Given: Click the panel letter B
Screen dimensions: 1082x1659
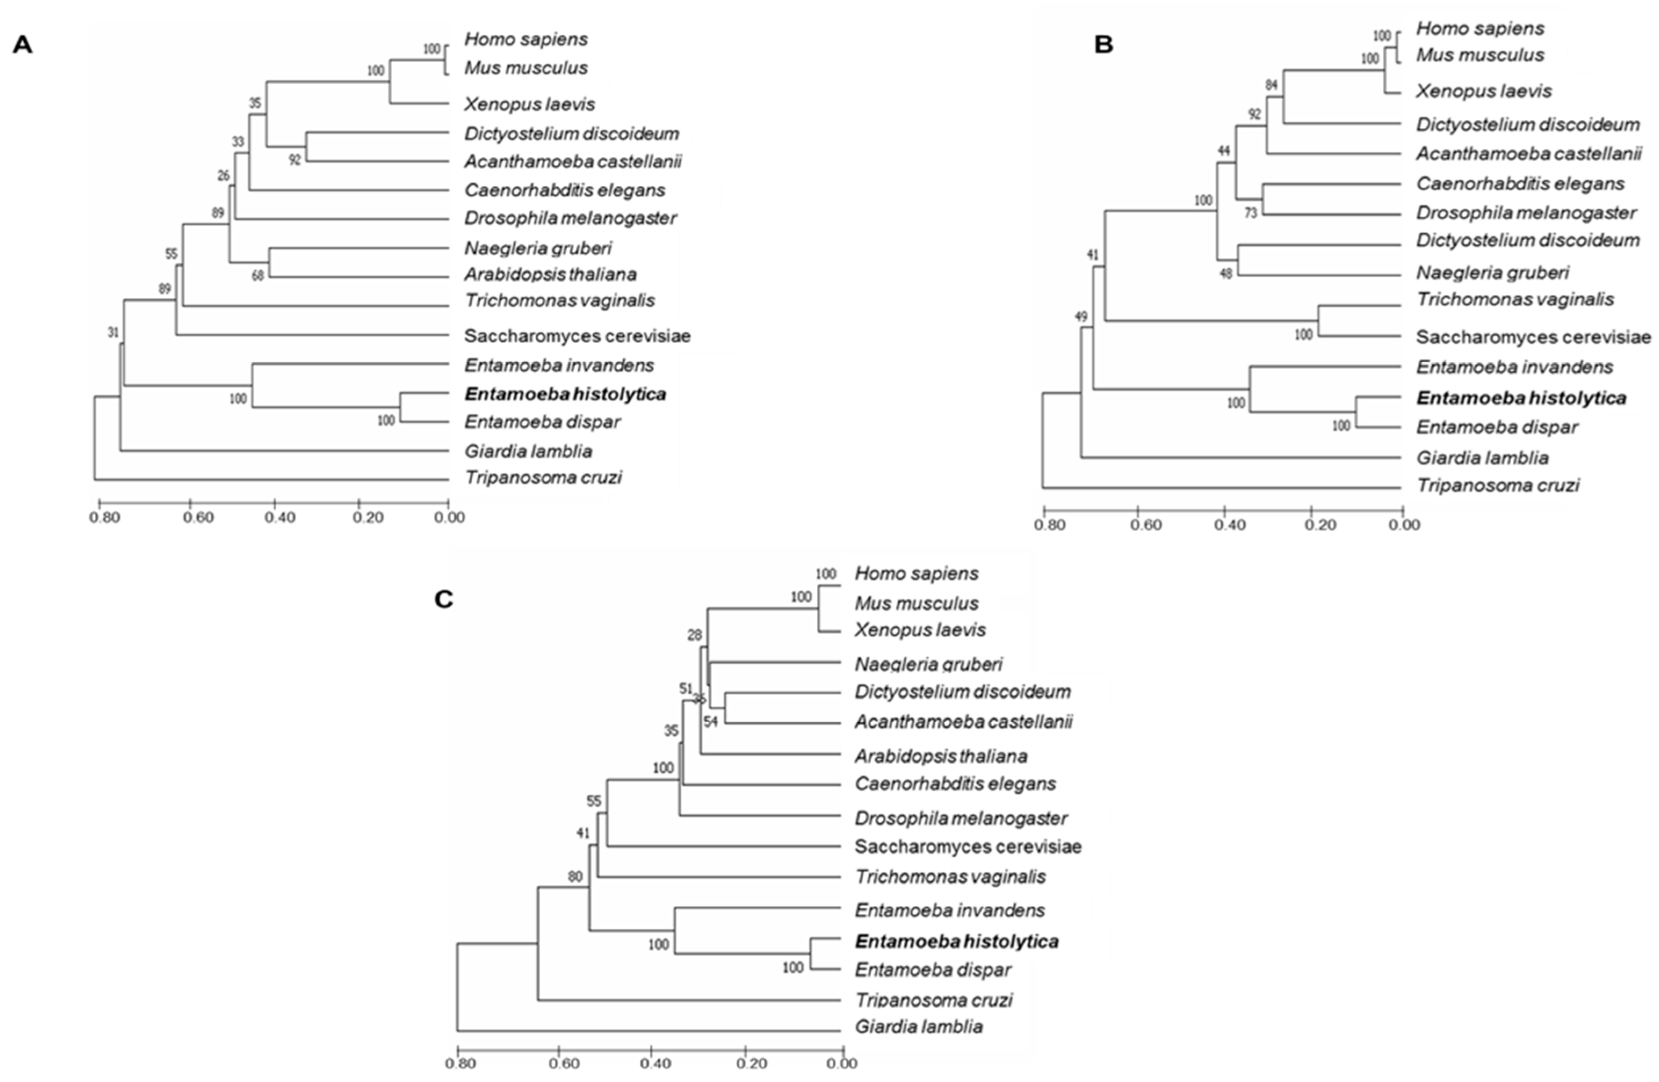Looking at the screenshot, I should (1104, 45).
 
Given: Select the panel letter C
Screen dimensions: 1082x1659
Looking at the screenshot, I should (443, 599).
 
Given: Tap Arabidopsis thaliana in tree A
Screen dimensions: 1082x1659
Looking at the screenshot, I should (550, 275).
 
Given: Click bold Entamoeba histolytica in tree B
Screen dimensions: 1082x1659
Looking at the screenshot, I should (1521, 398).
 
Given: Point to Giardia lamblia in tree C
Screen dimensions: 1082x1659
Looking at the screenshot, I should (919, 1027).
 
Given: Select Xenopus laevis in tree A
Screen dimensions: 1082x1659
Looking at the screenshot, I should (530, 105).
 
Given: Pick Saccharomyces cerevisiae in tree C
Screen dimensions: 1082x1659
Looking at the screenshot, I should (967, 847).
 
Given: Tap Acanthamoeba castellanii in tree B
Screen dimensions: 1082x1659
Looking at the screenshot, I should (1529, 153).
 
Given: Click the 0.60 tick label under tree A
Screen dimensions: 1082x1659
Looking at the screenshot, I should (198, 518).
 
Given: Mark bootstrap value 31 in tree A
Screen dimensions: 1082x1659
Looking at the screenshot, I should (113, 333).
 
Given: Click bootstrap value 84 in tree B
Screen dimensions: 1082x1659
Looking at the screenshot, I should (1271, 85).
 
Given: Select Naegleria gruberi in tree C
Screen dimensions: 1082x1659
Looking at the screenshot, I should (928, 664).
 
